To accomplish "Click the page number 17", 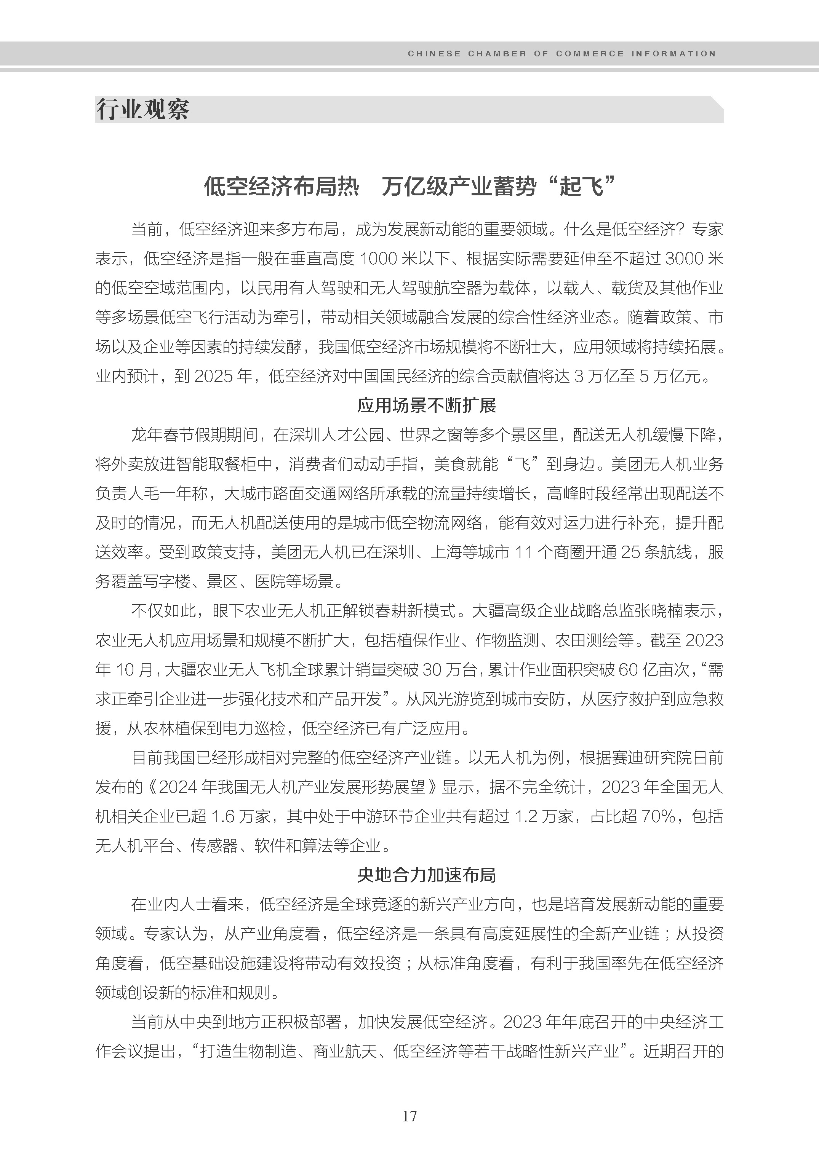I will pos(409,1116).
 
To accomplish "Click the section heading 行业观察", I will pos(143,109).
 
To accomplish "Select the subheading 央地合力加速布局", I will pos(427,875).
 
